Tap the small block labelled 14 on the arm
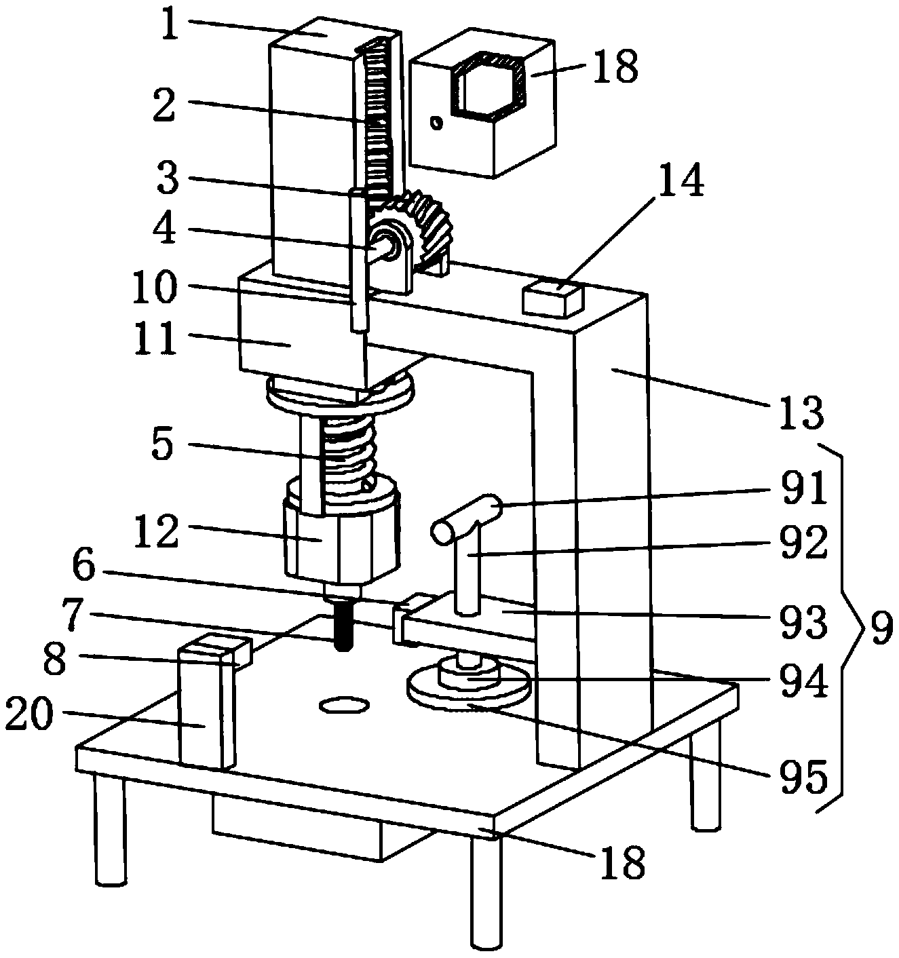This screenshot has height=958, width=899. pos(553,299)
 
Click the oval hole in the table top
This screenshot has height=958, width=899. pos(343,706)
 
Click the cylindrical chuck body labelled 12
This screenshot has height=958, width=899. pos(339,543)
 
